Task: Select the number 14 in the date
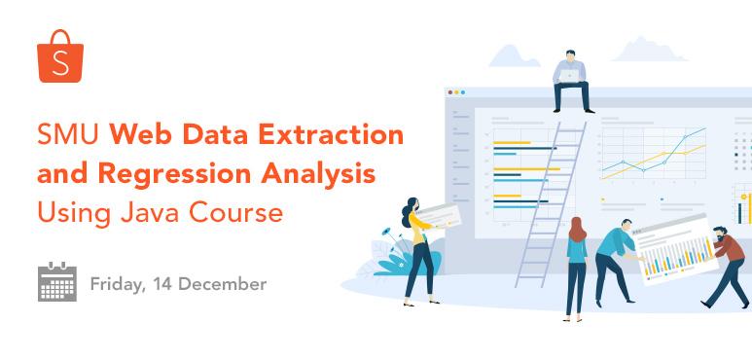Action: point(161,285)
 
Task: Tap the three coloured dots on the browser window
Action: point(455,93)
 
